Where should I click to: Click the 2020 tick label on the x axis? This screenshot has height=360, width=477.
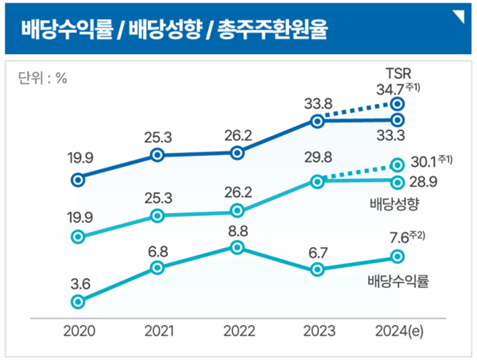(78, 331)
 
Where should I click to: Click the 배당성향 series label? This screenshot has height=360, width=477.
(394, 205)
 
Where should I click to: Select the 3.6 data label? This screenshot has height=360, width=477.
(77, 282)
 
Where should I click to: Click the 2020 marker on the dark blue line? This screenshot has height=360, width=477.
(77, 180)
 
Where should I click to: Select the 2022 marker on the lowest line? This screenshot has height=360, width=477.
(237, 247)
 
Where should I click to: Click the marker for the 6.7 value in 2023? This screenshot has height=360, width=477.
(317, 269)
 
